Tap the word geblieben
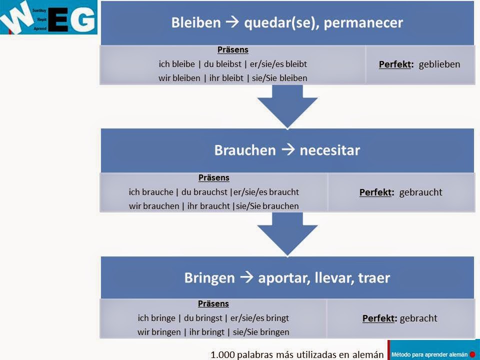click(x=439, y=64)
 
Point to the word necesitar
click(x=329, y=150)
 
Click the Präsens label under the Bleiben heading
click(x=233, y=50)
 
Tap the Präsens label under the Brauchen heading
click(x=214, y=177)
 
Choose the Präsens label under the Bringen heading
click(x=213, y=303)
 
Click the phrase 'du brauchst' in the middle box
click(x=206, y=191)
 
